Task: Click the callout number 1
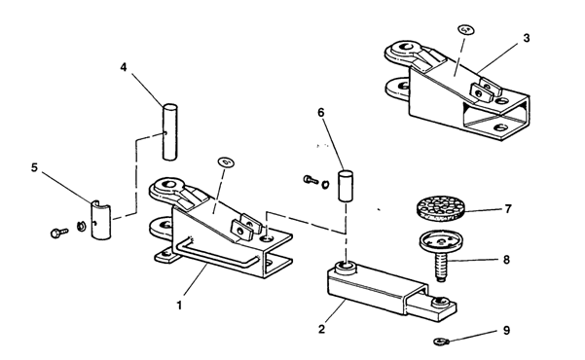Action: pyautogui.click(x=179, y=306)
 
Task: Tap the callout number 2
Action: pyautogui.click(x=321, y=329)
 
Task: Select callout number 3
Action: pyautogui.click(x=526, y=38)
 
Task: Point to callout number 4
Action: pyautogui.click(x=124, y=67)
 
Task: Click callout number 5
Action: pyautogui.click(x=34, y=167)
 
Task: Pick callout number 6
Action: pyautogui.click(x=321, y=112)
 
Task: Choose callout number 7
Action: pyautogui.click(x=508, y=209)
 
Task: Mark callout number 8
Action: pyautogui.click(x=506, y=259)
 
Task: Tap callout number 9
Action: pyautogui.click(x=506, y=331)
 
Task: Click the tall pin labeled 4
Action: pyautogui.click(x=169, y=132)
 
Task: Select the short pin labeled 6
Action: pyautogui.click(x=346, y=186)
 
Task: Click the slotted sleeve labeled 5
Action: pyautogui.click(x=101, y=219)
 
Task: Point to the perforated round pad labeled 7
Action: pyautogui.click(x=440, y=208)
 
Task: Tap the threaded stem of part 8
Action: pyautogui.click(x=441, y=267)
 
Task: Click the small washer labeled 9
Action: pyautogui.click(x=442, y=341)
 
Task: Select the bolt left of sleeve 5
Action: pyautogui.click(x=59, y=233)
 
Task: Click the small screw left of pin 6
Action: pyautogui.click(x=311, y=180)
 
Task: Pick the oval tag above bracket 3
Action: pyautogui.click(x=466, y=29)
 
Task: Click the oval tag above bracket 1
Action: pyautogui.click(x=226, y=162)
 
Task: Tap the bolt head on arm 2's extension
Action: pyautogui.click(x=441, y=301)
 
